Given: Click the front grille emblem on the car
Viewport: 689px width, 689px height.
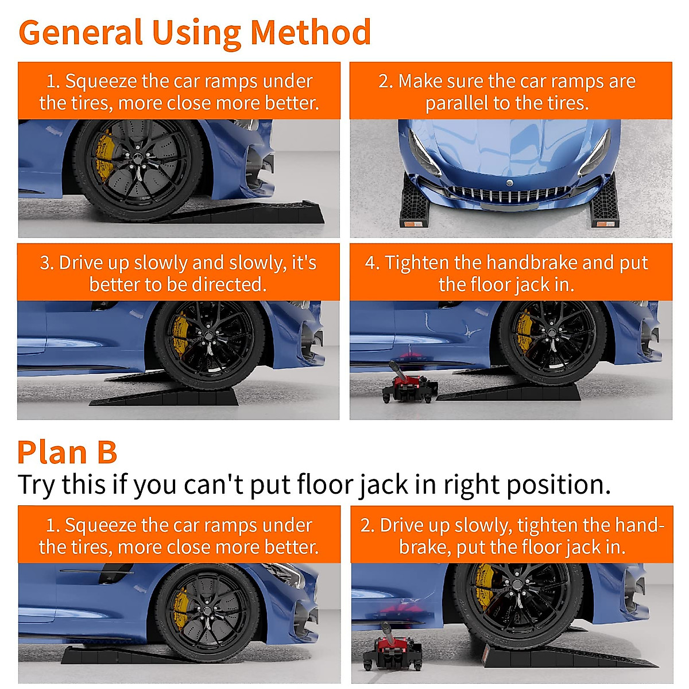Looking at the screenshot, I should click(x=509, y=183).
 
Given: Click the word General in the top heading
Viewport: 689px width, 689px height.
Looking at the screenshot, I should click(x=80, y=33).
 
